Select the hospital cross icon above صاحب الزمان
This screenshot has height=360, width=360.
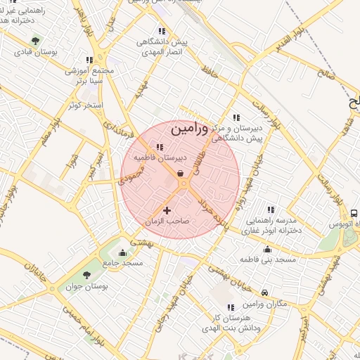coord(167,210)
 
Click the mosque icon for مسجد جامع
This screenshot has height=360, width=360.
coord(123,253)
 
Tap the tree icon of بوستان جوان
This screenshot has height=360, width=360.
coord(86,275)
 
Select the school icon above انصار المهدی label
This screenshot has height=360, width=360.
coord(162,31)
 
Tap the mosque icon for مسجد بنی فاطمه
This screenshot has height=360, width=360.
coord(267,249)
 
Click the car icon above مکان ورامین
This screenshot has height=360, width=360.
coord(264,292)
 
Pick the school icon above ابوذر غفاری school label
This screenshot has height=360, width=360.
coord(271,209)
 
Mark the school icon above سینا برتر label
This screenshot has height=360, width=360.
coord(89,60)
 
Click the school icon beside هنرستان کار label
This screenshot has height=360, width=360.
coord(231,307)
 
